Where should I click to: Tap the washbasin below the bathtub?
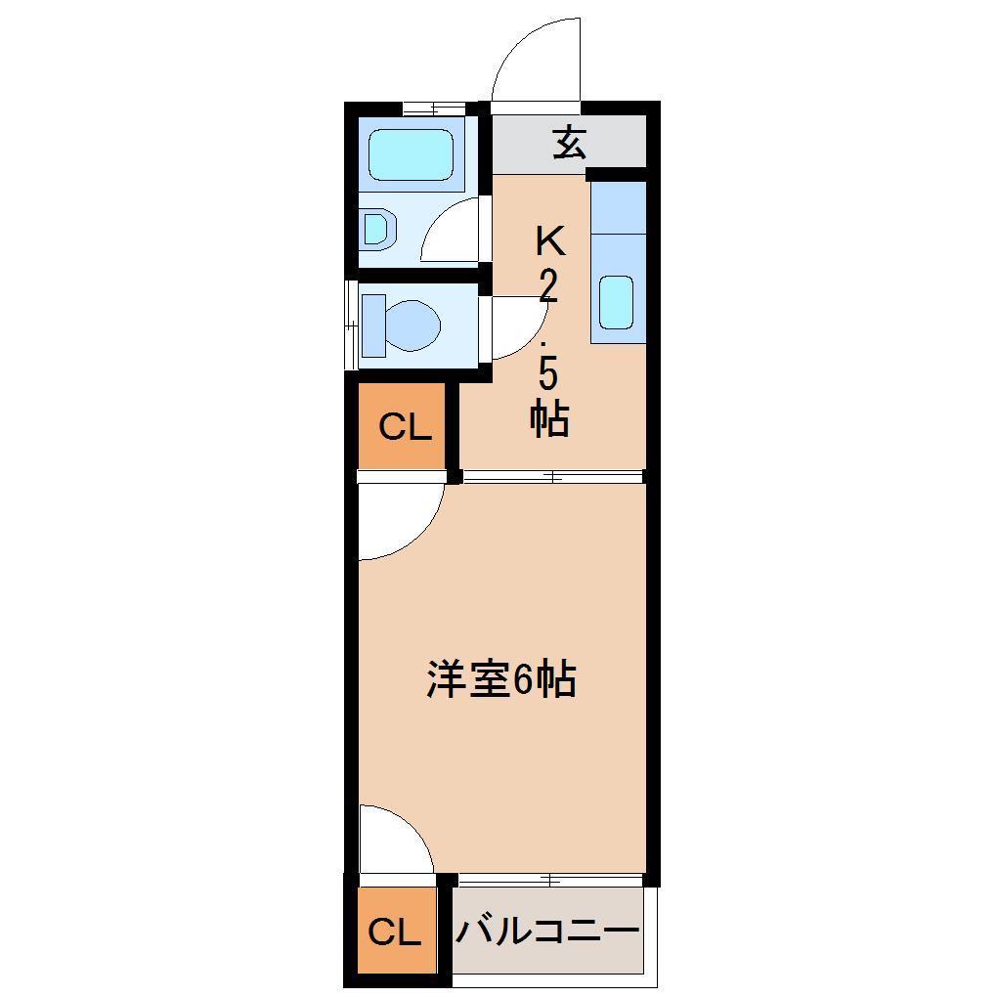coord(379,229)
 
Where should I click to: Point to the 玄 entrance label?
coord(570,144)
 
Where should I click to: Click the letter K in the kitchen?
coord(548,240)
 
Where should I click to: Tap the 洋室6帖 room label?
coord(500,679)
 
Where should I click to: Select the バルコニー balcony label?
coord(546,932)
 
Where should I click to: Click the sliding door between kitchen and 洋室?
coord(552,477)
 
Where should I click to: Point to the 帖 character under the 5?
coord(549,419)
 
